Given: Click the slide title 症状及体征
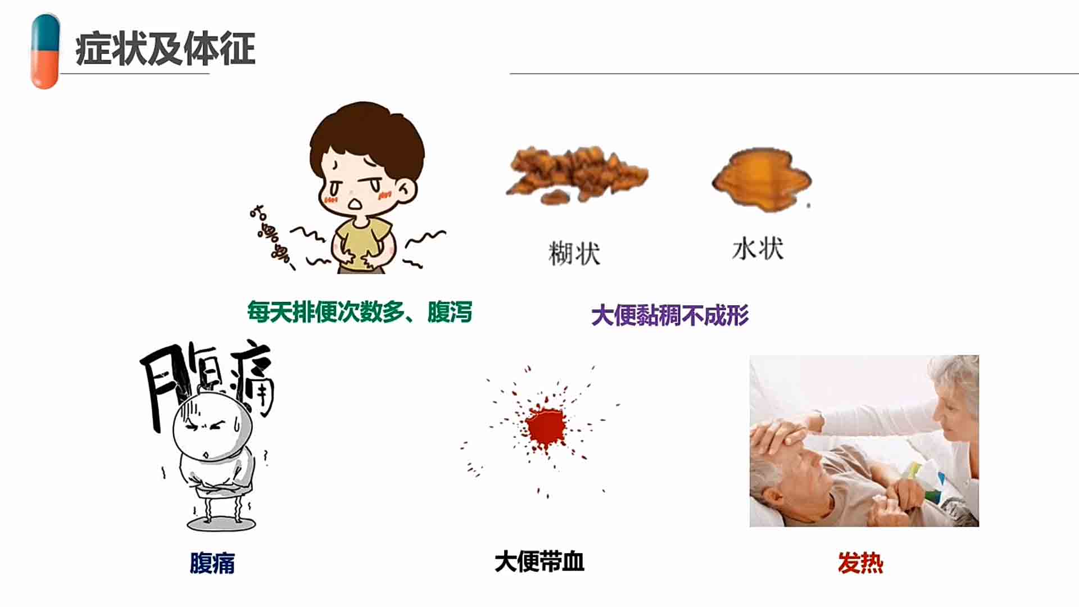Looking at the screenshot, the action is pos(165,49).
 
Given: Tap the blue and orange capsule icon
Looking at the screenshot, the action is pos(45,52).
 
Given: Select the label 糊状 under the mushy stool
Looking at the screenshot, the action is pos(574,253).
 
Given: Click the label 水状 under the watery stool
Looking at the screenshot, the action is pos(758,248).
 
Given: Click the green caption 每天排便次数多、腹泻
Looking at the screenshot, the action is pos(360,312).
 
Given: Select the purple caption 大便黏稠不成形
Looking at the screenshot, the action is pos(670,315).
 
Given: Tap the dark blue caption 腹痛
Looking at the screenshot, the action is pos(212,563).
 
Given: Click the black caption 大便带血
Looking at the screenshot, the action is pos(539,561).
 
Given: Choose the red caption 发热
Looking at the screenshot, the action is pos(860,563).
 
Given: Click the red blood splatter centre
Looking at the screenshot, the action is pos(545,425).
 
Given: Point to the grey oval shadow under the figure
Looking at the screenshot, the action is pos(221,524).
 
